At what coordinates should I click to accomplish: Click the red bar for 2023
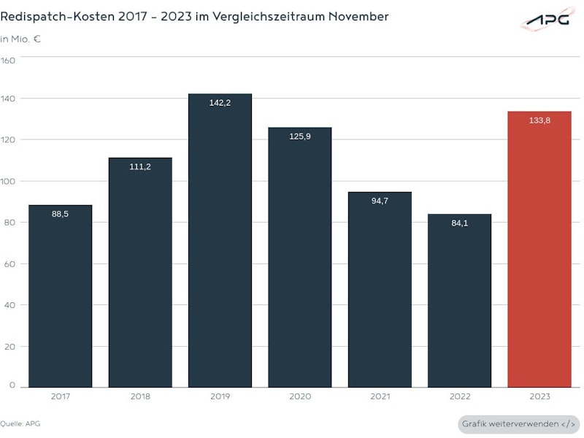click(x=539, y=248)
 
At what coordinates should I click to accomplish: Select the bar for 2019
click(x=220, y=241)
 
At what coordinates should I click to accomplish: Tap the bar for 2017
click(x=61, y=296)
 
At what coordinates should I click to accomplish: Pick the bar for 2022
click(x=459, y=300)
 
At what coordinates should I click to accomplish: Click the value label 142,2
click(x=220, y=103)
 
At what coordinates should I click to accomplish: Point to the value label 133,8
click(x=539, y=120)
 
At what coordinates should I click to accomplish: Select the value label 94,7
click(x=380, y=201)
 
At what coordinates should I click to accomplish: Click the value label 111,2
click(x=140, y=167)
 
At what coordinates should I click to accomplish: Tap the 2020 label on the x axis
click(x=300, y=396)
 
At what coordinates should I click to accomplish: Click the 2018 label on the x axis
click(x=140, y=396)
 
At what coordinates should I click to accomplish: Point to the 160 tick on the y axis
click(x=9, y=61)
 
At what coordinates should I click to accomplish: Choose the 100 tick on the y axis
click(x=9, y=181)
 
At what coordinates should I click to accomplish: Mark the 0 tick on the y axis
click(x=12, y=385)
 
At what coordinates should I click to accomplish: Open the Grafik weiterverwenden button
click(x=519, y=424)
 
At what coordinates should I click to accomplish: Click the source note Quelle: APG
click(x=21, y=423)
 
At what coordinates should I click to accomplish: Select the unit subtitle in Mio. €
click(x=20, y=39)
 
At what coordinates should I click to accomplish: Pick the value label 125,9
click(x=300, y=137)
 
